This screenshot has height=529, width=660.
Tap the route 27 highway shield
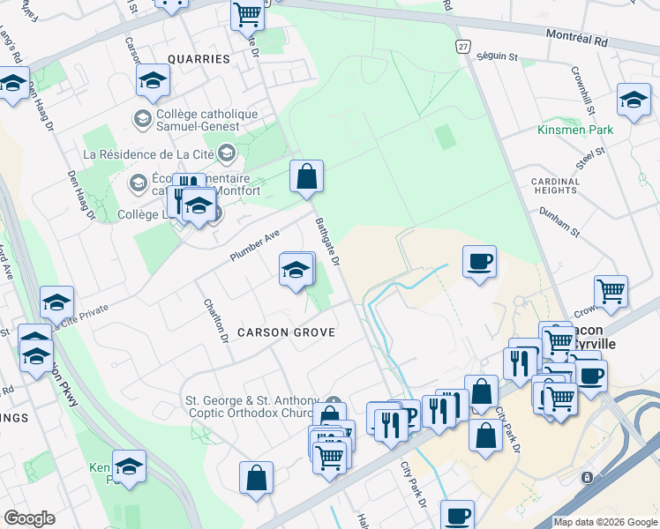tap(462, 46)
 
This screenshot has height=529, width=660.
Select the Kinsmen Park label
tap(575, 130)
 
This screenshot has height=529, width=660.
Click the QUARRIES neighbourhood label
tap(196, 59)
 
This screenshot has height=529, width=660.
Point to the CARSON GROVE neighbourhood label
tap(286, 332)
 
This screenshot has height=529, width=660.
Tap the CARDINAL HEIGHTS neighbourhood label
tap(556, 186)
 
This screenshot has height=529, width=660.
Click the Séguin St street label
tap(497, 56)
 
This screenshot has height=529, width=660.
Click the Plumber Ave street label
tap(255, 244)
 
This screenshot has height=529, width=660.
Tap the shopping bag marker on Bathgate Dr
tap(306, 175)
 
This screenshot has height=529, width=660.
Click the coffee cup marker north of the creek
tap(479, 262)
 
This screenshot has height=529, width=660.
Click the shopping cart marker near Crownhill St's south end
tap(611, 290)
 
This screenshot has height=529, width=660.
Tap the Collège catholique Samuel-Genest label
tap(207, 121)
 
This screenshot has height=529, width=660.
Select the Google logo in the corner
tap(29, 518)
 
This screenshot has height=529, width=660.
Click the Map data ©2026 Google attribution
tap(605, 522)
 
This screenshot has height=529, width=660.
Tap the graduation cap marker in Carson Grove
tap(296, 269)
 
